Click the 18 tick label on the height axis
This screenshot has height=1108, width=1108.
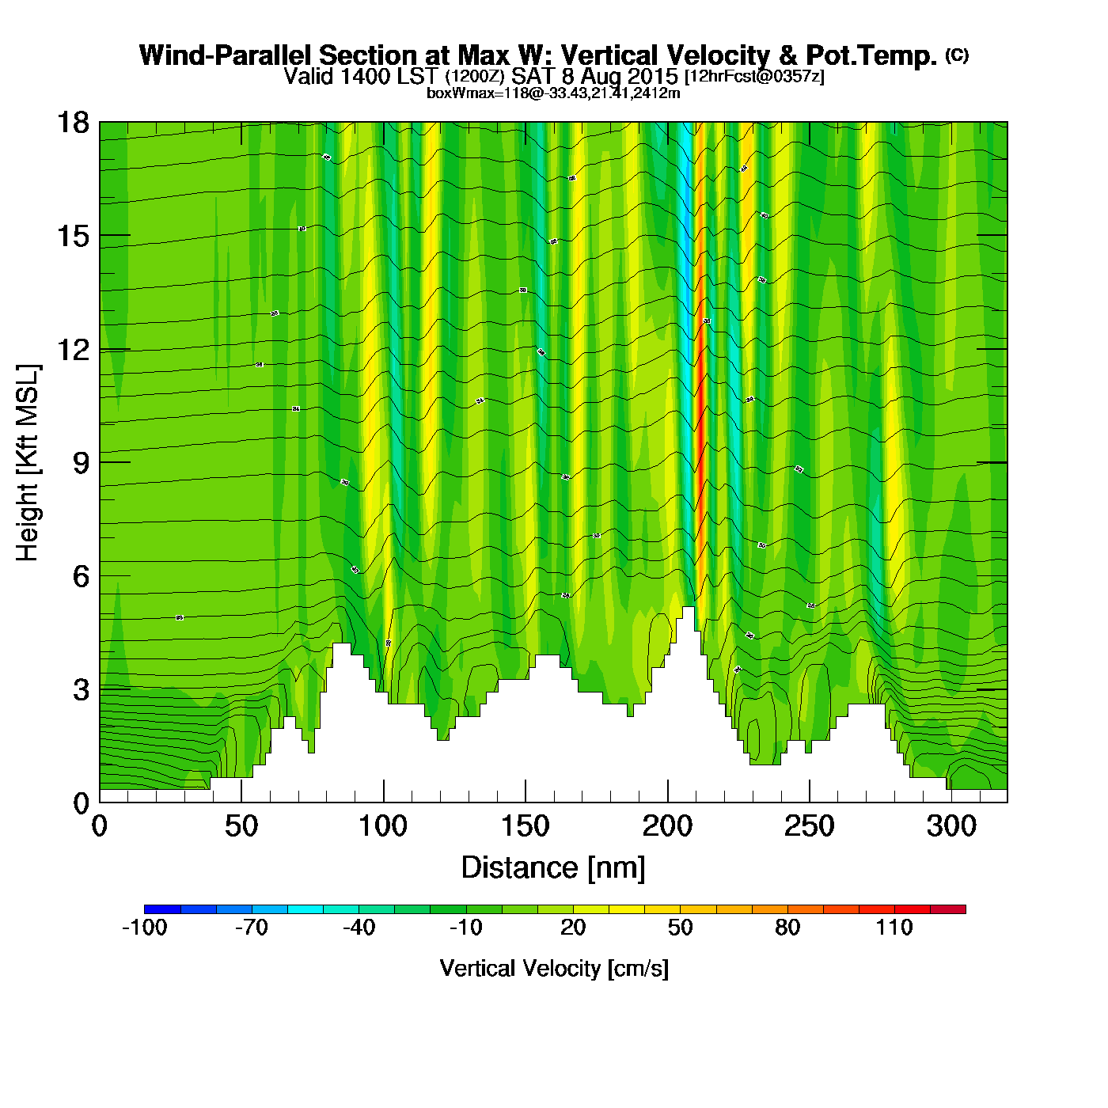71,123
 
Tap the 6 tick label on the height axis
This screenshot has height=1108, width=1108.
81,576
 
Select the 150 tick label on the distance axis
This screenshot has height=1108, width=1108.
525,826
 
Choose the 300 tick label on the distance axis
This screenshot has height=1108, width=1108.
951,826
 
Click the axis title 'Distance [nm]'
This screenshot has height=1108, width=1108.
553,867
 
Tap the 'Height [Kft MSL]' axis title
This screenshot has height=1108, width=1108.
28,463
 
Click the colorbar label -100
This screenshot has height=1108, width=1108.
144,928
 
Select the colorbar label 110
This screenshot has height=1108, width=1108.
894,928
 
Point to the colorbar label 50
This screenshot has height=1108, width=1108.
680,928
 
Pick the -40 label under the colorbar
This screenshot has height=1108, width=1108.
359,928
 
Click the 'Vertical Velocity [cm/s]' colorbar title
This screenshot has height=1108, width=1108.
554,968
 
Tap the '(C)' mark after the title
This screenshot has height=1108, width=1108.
957,55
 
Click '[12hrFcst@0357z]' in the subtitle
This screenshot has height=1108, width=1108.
754,77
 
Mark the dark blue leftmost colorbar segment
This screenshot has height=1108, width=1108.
162,909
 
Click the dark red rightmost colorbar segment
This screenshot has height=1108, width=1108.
947,909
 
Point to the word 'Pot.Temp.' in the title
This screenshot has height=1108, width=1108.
871,55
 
